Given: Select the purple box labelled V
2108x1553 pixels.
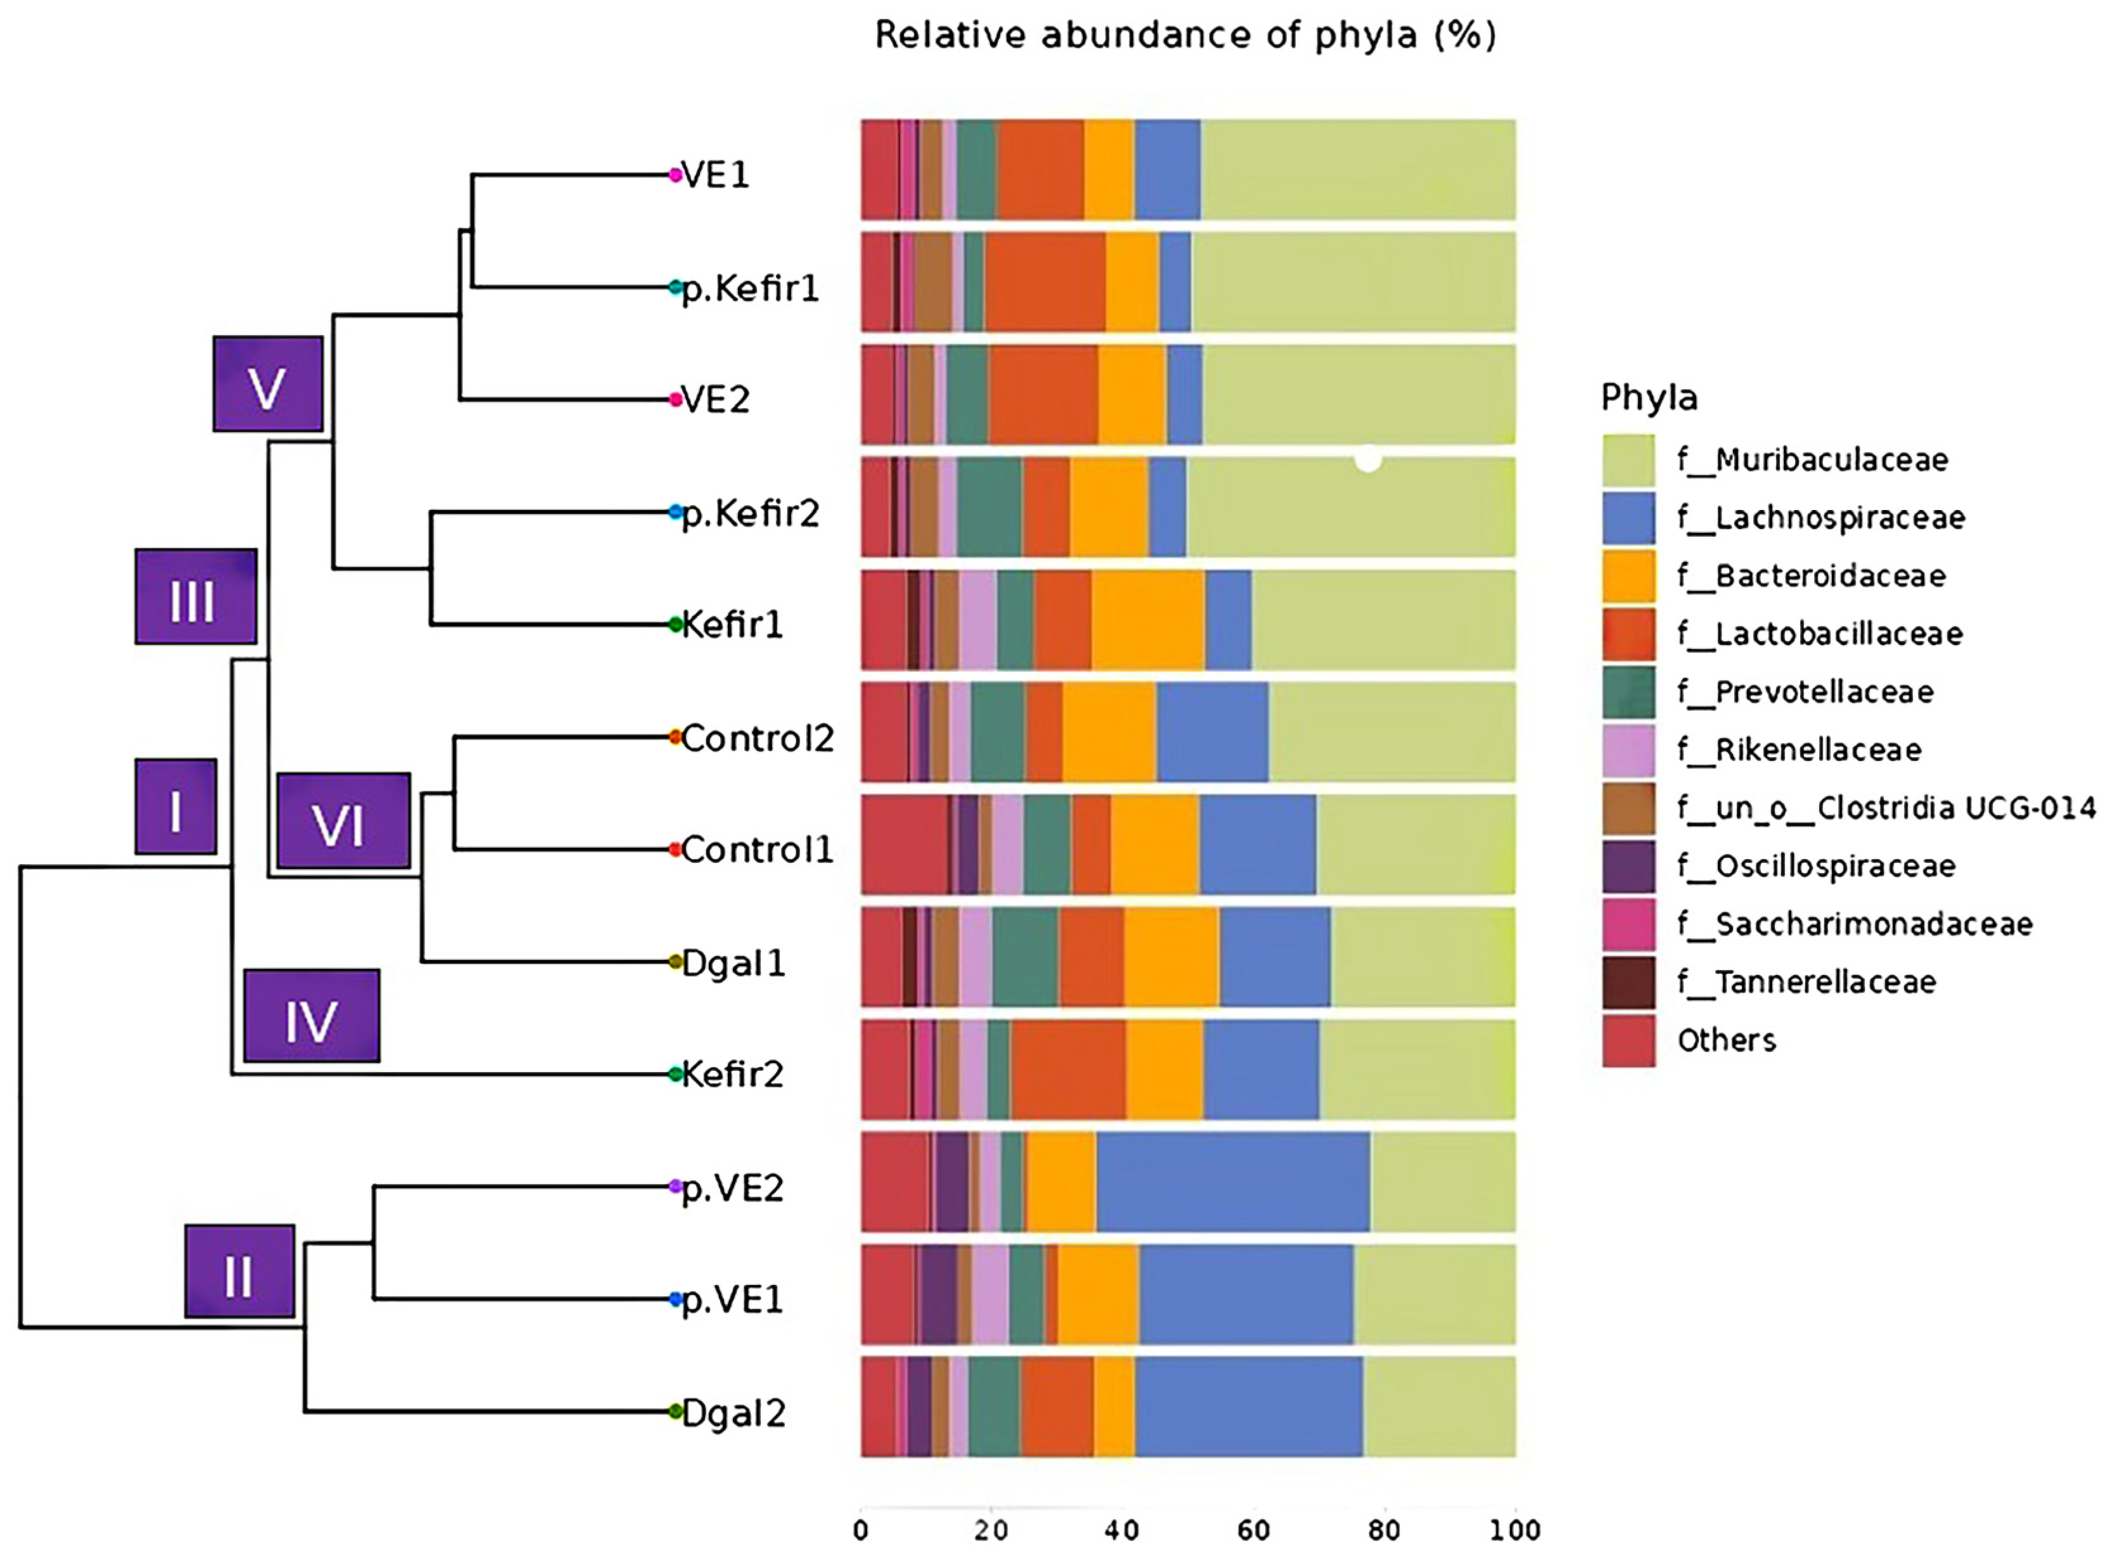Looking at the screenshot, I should (x=268, y=385).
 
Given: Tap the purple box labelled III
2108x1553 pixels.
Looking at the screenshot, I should (x=196, y=597).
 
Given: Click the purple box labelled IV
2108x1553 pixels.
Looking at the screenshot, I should (x=311, y=1016).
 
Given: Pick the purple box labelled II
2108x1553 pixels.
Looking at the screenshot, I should (x=239, y=1272).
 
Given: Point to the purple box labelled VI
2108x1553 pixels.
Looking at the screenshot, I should (x=343, y=821).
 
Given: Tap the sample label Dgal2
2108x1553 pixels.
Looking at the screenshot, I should (x=733, y=1413).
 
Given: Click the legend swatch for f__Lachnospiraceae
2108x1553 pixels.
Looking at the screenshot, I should (x=1628, y=518).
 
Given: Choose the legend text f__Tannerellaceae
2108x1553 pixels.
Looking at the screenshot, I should (x=1806, y=982).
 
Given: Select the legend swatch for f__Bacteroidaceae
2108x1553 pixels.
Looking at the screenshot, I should (x=1628, y=576).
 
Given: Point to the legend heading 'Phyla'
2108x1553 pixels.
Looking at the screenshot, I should (x=1649, y=398).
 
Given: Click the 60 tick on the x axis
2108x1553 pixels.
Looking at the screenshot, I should (x=1253, y=1530).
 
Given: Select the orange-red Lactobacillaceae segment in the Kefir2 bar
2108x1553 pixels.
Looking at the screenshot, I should (x=1068, y=1070).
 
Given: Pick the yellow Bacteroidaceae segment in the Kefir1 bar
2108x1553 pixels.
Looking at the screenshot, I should (x=1148, y=620).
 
